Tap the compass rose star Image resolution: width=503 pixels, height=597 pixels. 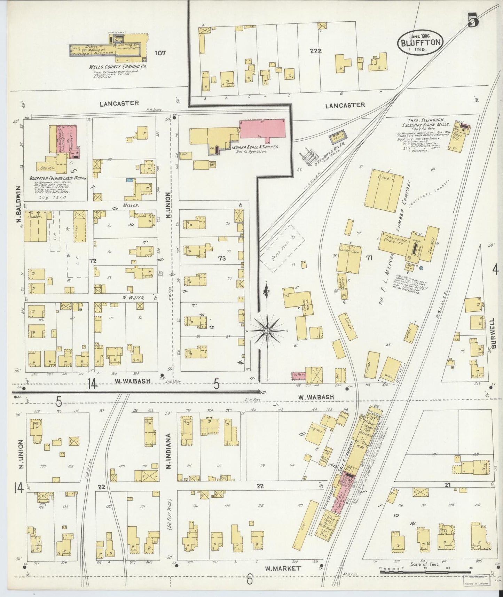point(267,330)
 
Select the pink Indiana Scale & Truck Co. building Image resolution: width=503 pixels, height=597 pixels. point(262,129)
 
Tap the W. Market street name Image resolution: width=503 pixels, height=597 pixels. point(282,568)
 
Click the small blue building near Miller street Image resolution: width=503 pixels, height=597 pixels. point(129,180)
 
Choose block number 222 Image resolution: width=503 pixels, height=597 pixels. point(316,51)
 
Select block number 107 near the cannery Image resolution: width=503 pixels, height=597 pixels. point(160,53)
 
